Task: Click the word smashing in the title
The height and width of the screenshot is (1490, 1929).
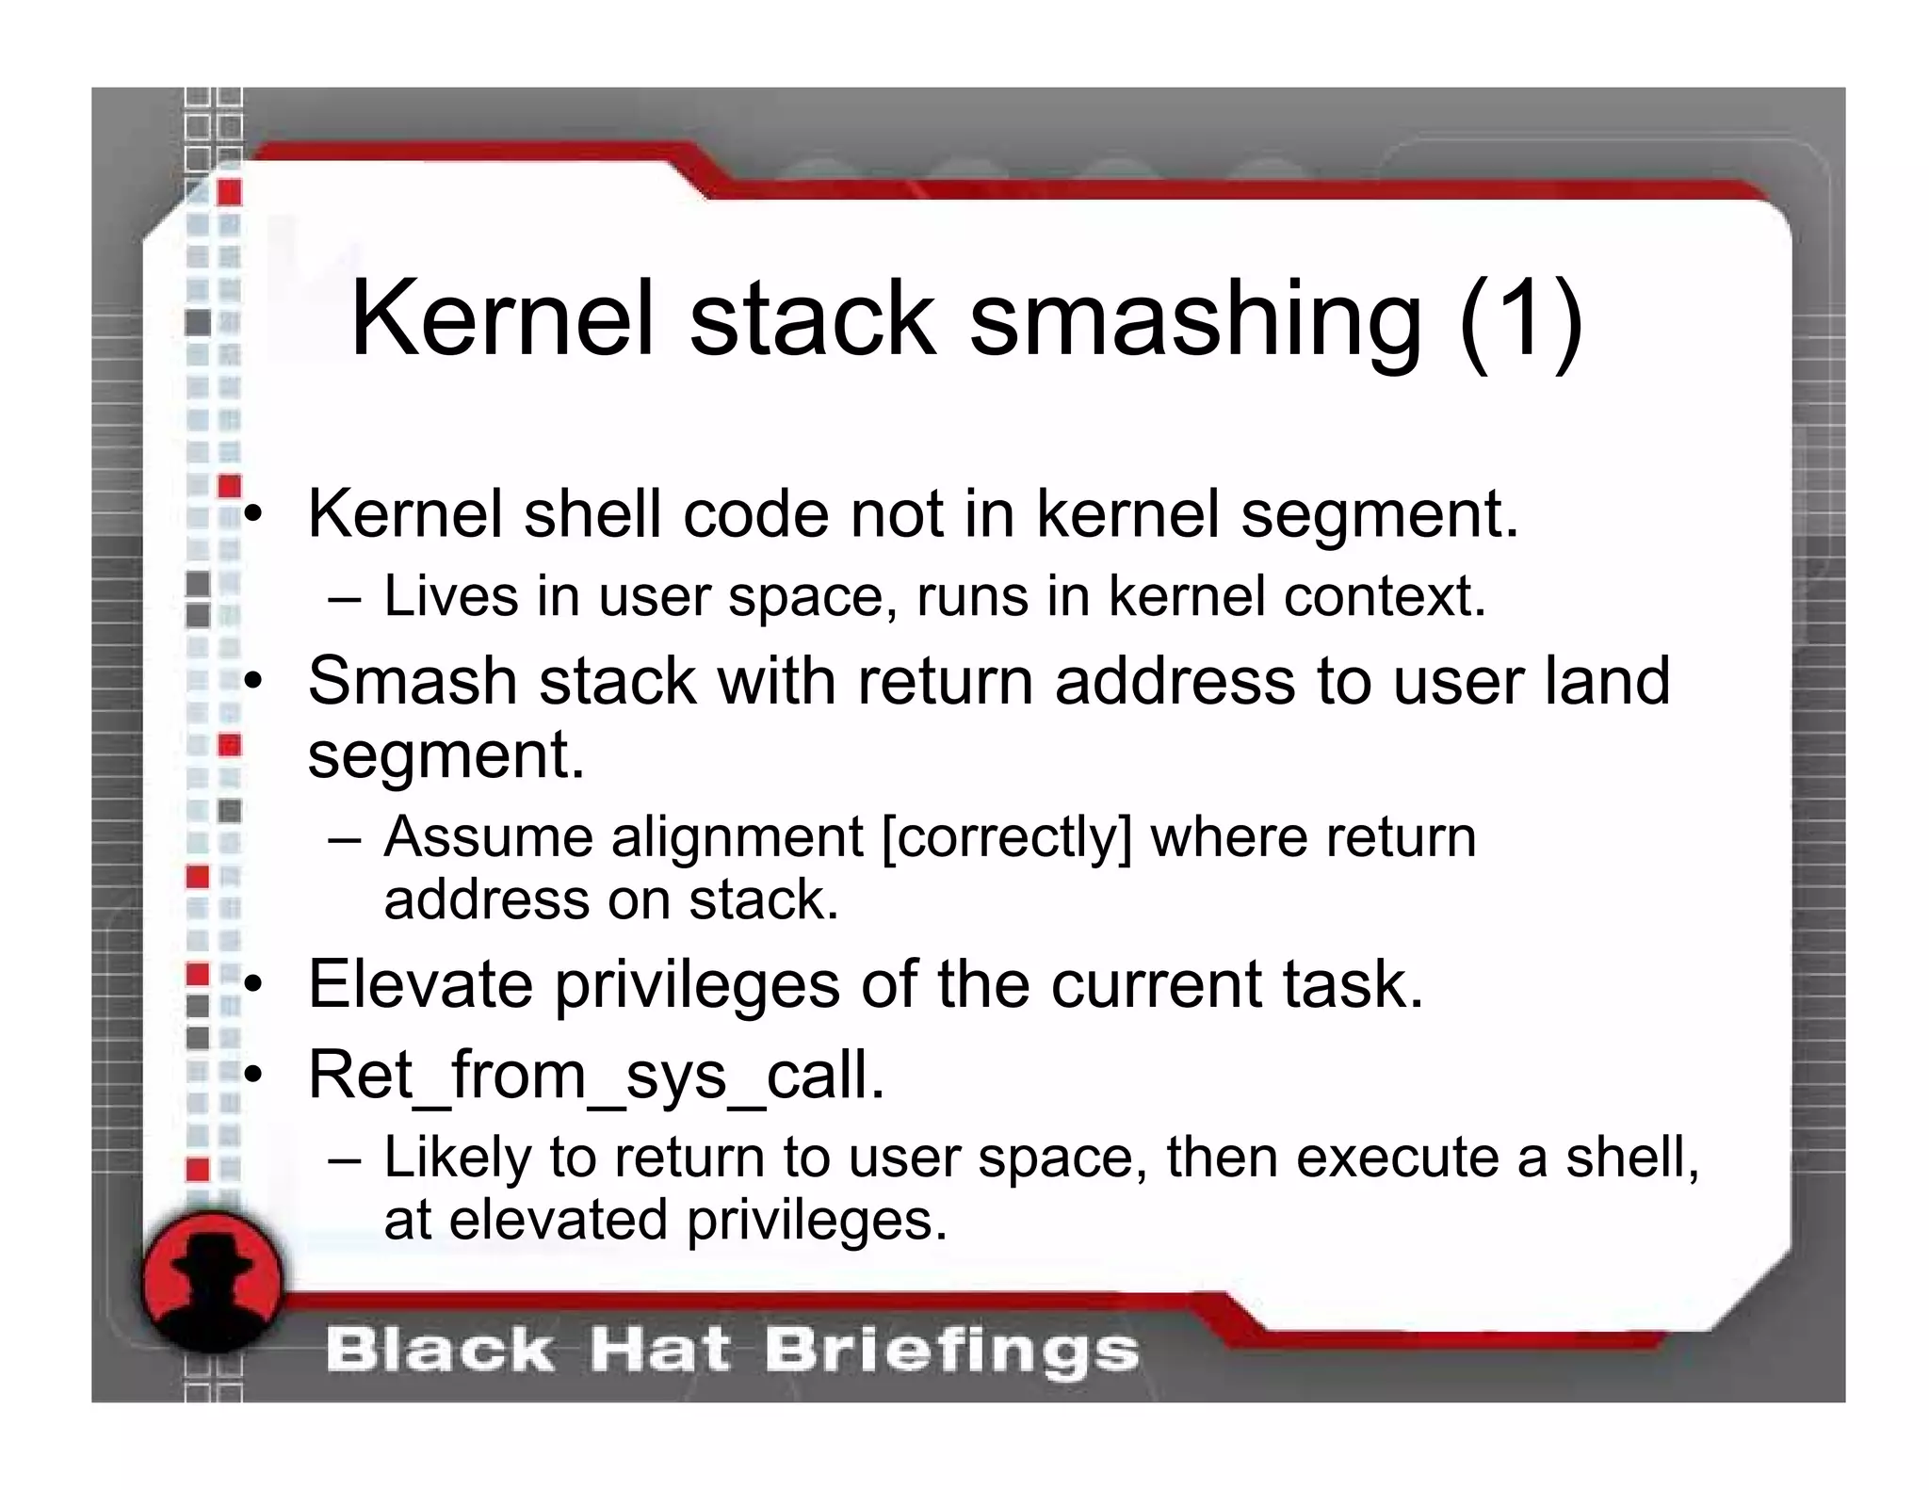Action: click(1194, 321)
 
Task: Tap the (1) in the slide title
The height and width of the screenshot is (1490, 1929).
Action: click(1520, 321)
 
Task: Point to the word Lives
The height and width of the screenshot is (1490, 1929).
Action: click(450, 596)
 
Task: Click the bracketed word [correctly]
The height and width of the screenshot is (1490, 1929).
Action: click(1006, 837)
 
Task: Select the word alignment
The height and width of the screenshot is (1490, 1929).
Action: click(737, 839)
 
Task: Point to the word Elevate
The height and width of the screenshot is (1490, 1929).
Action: click(420, 984)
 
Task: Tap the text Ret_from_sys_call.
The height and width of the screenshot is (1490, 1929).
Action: click(596, 1076)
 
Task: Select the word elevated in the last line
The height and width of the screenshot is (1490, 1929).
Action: click(558, 1221)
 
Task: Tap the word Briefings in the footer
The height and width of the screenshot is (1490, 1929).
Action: click(951, 1351)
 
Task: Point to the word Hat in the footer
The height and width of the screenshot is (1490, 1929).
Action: click(659, 1351)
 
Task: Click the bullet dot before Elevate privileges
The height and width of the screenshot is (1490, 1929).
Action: click(252, 984)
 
